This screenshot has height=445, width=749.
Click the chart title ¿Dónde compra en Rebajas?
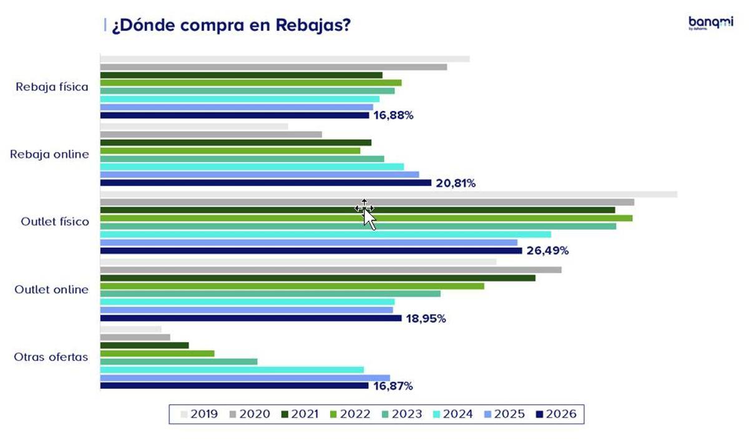coord(230,26)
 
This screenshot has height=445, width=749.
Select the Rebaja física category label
coord(52,87)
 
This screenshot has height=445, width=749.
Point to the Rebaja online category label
coord(50,154)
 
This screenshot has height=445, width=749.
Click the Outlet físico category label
coord(55,222)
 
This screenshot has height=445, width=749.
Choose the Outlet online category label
coord(52,290)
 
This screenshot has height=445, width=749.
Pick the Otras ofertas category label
coord(51,358)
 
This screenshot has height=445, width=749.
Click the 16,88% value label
coord(393,115)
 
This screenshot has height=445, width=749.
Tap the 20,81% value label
coord(456,183)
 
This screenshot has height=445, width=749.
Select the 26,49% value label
coord(547,251)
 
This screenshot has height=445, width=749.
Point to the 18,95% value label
coord(426,318)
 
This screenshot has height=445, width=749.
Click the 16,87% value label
coord(393,386)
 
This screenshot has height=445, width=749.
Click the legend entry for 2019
coord(199,414)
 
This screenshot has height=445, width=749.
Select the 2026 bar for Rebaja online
coord(265,183)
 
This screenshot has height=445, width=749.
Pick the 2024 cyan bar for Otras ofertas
coord(232,369)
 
